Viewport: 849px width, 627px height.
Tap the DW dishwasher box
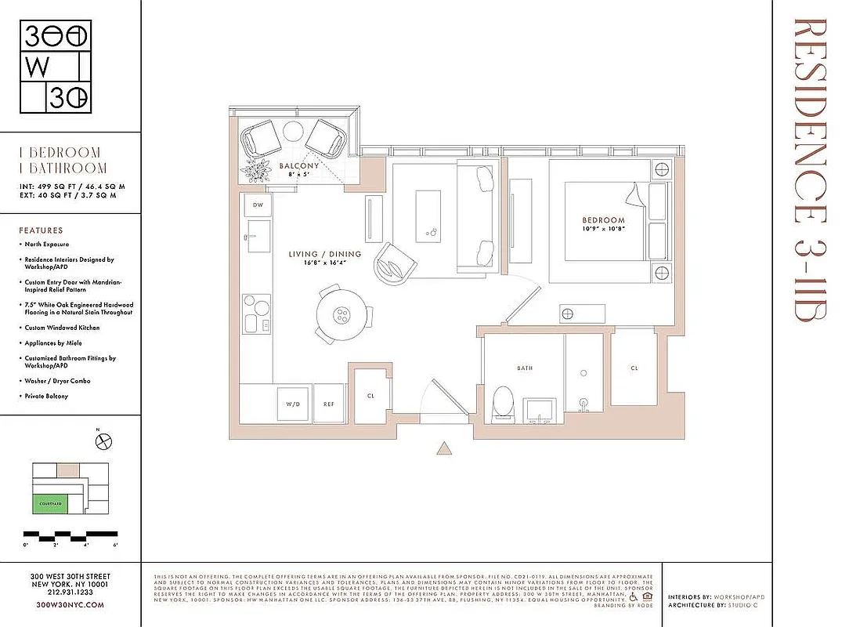258,205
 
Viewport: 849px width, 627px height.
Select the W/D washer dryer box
293,405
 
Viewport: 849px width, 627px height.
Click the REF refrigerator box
330,405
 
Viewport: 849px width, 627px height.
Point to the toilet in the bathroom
502,401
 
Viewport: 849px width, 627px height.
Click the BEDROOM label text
603,220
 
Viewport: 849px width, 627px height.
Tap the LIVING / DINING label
324,254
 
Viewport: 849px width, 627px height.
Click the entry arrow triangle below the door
444,448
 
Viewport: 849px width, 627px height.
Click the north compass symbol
102,442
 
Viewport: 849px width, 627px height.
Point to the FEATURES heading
41,230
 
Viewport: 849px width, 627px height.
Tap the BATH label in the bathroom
524,368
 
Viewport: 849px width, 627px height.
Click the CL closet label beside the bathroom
634,368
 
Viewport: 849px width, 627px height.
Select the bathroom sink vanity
539,408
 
